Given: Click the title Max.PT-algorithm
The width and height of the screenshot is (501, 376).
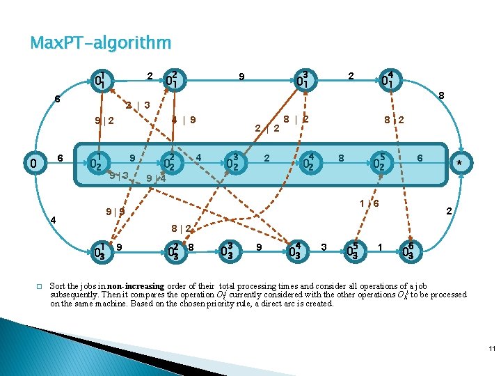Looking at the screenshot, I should pyautogui.click(x=101, y=44).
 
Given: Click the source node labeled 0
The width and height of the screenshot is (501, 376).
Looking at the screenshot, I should pyautogui.click(x=33, y=164).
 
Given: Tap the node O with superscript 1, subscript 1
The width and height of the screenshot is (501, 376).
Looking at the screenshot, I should pyautogui.click(x=102, y=81).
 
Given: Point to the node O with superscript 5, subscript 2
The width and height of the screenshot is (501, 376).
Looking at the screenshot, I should pyautogui.click(x=379, y=163).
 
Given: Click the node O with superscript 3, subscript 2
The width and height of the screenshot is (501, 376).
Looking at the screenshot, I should pyautogui.click(x=234, y=164).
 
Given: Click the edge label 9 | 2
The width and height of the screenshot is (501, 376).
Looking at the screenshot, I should pyautogui.click(x=104, y=121).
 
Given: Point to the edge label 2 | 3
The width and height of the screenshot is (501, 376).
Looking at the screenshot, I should pyautogui.click(x=138, y=106).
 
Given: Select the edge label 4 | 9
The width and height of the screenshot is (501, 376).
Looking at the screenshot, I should pyautogui.click(x=184, y=119).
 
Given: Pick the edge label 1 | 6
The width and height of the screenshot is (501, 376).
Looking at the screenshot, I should pyautogui.click(x=369, y=203).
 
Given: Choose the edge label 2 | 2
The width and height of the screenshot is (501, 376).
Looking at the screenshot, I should pyautogui.click(x=267, y=128).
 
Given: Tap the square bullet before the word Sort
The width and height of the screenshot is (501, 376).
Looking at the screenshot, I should pyautogui.click(x=40, y=286).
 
